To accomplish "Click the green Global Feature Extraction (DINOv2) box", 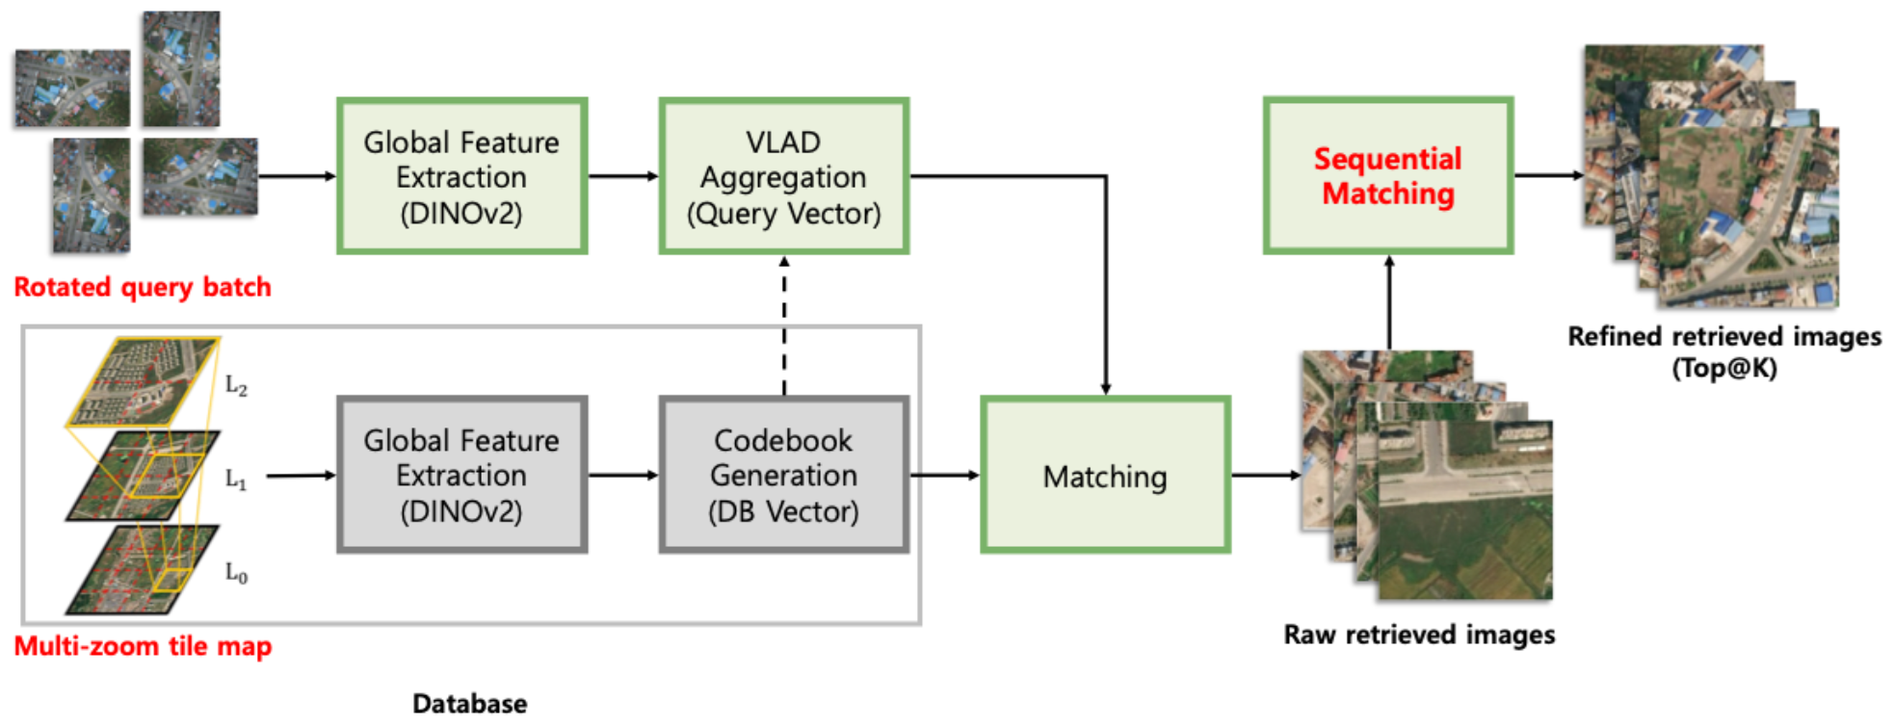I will pos(461,176).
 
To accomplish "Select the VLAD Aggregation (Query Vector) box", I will pos(783,176).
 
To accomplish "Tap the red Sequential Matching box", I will pos(1387,176).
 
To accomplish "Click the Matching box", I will pos(1105,476).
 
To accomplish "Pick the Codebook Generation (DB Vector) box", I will pos(783,476).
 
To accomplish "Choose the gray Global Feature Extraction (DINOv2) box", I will pos(461,476).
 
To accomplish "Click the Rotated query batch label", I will pos(143,287).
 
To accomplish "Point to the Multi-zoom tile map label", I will pos(143,646).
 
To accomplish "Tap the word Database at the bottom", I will pos(469,704).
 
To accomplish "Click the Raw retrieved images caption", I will pos(1419,636).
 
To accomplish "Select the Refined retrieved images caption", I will pos(1723,337).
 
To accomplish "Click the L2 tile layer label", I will pos(236,386).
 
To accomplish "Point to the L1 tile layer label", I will pos(236,479).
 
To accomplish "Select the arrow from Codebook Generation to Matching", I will pos(944,475).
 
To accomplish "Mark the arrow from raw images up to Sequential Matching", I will pos(1389,302).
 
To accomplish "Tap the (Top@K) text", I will pos(1723,369).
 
